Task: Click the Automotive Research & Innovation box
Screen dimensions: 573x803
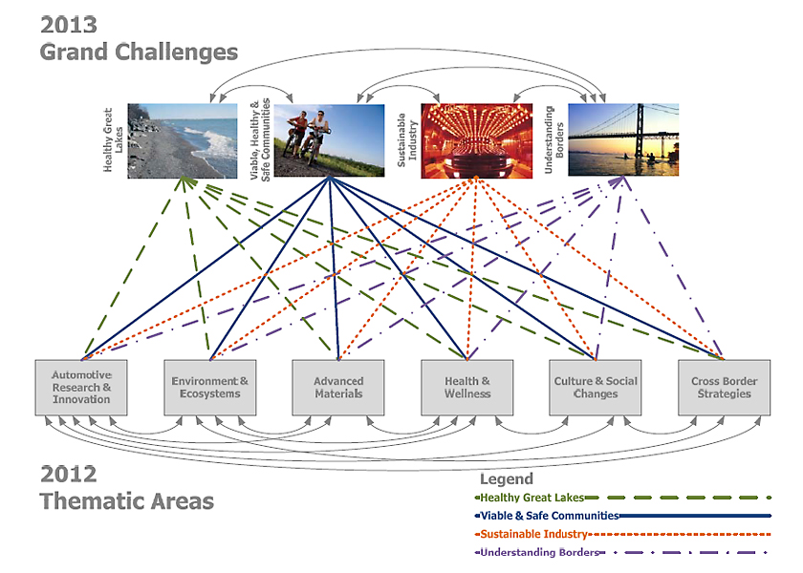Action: [81, 387]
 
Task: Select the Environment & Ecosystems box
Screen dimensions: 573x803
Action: [209, 387]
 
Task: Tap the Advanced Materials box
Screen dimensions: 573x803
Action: [338, 387]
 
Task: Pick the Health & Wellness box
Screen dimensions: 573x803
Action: [467, 387]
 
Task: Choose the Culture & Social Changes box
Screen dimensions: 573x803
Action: [596, 387]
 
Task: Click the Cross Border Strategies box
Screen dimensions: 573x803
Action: [724, 387]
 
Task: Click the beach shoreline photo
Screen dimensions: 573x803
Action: [182, 140]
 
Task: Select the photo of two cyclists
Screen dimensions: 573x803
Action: [330, 139]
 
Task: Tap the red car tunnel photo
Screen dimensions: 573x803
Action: [477, 139]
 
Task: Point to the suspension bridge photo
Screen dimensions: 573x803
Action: [623, 139]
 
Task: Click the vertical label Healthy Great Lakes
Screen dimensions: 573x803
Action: [114, 139]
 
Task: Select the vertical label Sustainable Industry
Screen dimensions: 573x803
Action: [407, 140]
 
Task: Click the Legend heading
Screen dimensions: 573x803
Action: [506, 479]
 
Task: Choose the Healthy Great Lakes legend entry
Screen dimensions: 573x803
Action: [532, 498]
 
